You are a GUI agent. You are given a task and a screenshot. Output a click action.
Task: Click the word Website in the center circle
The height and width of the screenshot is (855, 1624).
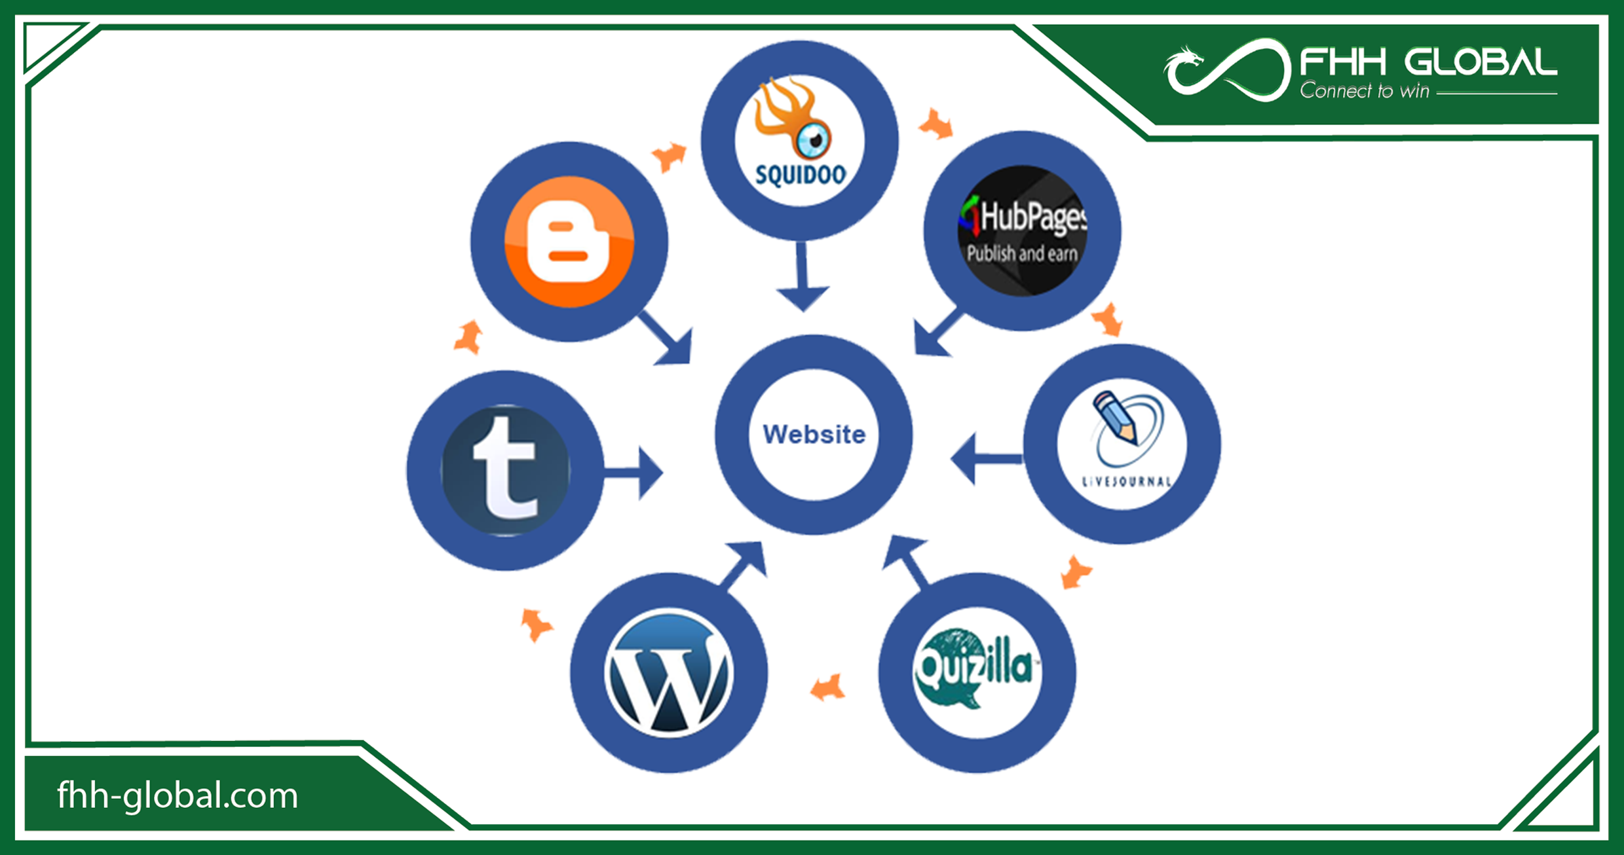(x=814, y=434)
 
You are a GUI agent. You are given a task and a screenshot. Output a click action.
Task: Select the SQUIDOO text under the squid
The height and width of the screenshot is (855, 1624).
(x=800, y=175)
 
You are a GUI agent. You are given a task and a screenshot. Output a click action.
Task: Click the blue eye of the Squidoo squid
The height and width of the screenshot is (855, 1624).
(x=814, y=139)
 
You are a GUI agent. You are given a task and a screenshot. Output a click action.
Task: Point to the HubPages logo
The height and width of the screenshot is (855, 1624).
(x=1022, y=230)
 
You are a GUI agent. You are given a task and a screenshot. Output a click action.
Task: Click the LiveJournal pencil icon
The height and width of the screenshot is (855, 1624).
(x=1115, y=416)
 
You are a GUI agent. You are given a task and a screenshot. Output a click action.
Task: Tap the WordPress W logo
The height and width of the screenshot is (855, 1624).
(x=668, y=673)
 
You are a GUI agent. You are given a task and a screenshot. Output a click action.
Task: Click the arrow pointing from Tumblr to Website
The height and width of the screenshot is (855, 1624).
(x=634, y=472)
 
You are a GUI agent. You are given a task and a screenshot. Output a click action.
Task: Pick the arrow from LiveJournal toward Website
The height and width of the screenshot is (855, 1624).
(x=985, y=459)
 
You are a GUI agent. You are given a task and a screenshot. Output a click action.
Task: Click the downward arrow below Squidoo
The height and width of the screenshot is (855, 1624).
(x=803, y=278)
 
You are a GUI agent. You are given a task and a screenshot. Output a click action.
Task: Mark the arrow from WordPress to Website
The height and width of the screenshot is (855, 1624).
(x=745, y=564)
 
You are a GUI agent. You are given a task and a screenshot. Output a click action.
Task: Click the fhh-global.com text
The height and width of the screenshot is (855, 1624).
(x=178, y=795)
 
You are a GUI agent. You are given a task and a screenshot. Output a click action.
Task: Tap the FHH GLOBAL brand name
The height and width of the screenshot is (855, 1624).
(x=1428, y=63)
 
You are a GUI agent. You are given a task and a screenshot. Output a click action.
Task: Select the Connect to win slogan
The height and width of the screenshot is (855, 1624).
(x=1364, y=91)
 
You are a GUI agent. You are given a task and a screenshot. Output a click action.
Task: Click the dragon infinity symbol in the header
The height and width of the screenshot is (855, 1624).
(x=1226, y=71)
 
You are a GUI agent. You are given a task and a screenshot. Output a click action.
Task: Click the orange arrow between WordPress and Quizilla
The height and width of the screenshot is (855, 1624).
(x=828, y=689)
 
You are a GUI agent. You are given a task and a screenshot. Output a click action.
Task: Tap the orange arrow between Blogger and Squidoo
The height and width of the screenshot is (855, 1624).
(x=669, y=156)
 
